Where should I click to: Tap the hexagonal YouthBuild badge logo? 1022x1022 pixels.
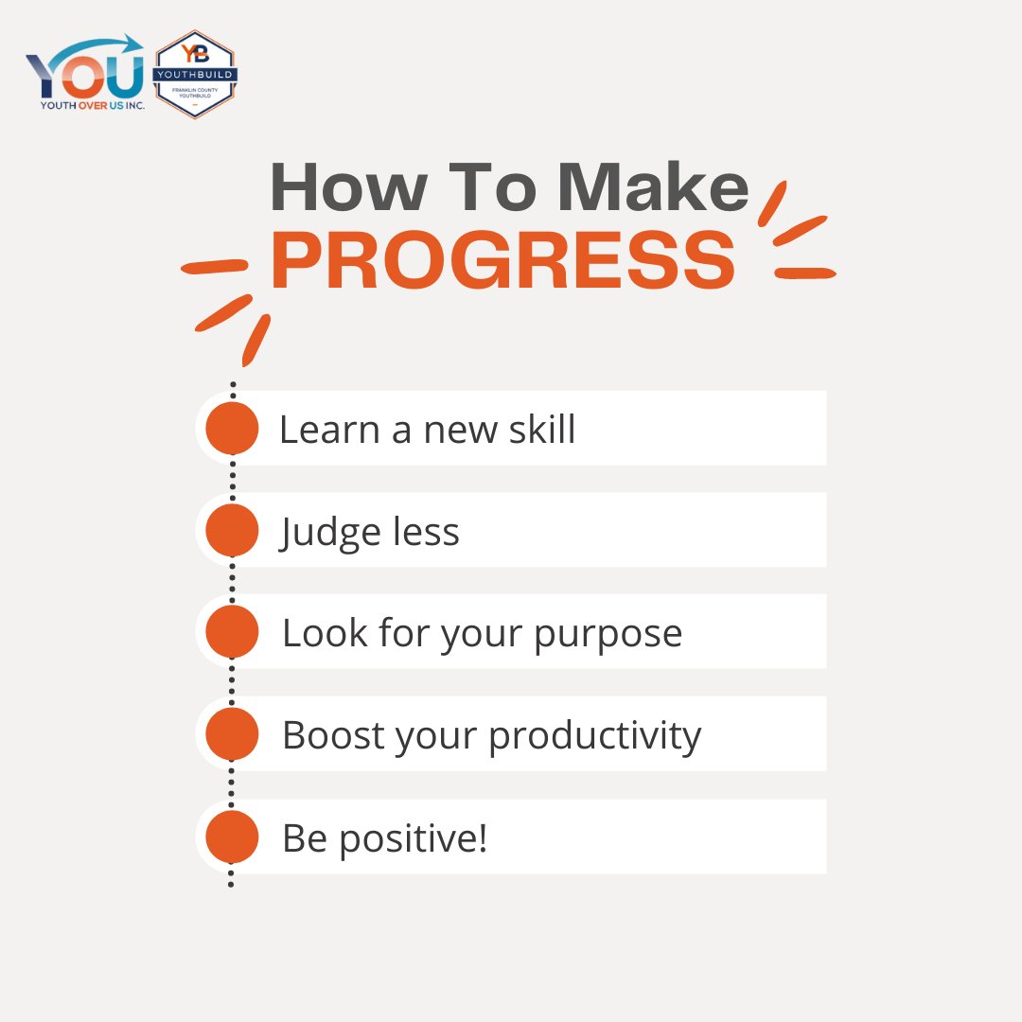(x=195, y=74)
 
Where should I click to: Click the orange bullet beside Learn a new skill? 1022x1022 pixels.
(x=232, y=428)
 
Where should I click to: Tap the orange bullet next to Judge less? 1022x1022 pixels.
(x=232, y=530)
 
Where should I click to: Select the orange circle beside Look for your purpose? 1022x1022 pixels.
(x=232, y=631)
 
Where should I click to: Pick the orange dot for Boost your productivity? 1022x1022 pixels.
(x=232, y=733)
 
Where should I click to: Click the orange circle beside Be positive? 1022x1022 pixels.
(x=232, y=837)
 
